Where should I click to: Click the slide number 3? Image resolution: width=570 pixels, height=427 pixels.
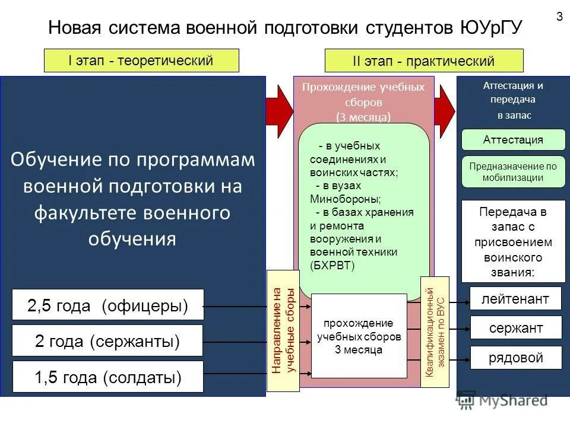pyautogui.click(x=559, y=17)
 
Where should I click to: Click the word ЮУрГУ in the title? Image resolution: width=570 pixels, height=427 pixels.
pyautogui.click(x=490, y=28)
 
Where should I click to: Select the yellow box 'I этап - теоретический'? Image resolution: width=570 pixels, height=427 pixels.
pyautogui.click(x=141, y=60)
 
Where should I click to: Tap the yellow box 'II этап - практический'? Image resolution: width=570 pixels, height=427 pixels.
pyautogui.click(x=424, y=61)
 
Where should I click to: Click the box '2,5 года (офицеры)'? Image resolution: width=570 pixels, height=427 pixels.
pyautogui.click(x=108, y=305)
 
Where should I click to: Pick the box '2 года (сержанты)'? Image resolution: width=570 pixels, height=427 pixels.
pyautogui.click(x=107, y=341)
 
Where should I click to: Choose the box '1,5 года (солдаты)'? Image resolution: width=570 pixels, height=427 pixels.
pyautogui.click(x=107, y=377)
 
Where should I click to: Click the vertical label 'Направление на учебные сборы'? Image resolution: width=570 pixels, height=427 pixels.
pyautogui.click(x=284, y=330)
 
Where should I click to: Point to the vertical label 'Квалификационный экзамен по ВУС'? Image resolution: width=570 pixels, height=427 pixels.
pyautogui.click(x=435, y=332)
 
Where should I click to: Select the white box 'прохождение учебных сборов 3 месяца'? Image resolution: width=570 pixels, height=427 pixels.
pyautogui.click(x=359, y=336)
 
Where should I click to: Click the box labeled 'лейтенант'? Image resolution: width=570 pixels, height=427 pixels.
pyautogui.click(x=515, y=298)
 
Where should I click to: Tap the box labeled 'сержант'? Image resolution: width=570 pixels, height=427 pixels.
pyautogui.click(x=515, y=328)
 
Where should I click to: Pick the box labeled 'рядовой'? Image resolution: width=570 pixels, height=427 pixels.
pyautogui.click(x=515, y=358)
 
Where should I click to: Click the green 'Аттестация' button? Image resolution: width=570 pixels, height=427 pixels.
pyautogui.click(x=514, y=140)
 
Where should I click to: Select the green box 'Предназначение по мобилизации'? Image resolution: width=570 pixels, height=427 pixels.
pyautogui.click(x=514, y=172)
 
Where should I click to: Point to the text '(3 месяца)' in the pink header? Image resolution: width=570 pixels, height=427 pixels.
pyautogui.click(x=363, y=117)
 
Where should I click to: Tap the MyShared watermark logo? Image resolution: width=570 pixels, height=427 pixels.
pyautogui.click(x=502, y=401)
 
